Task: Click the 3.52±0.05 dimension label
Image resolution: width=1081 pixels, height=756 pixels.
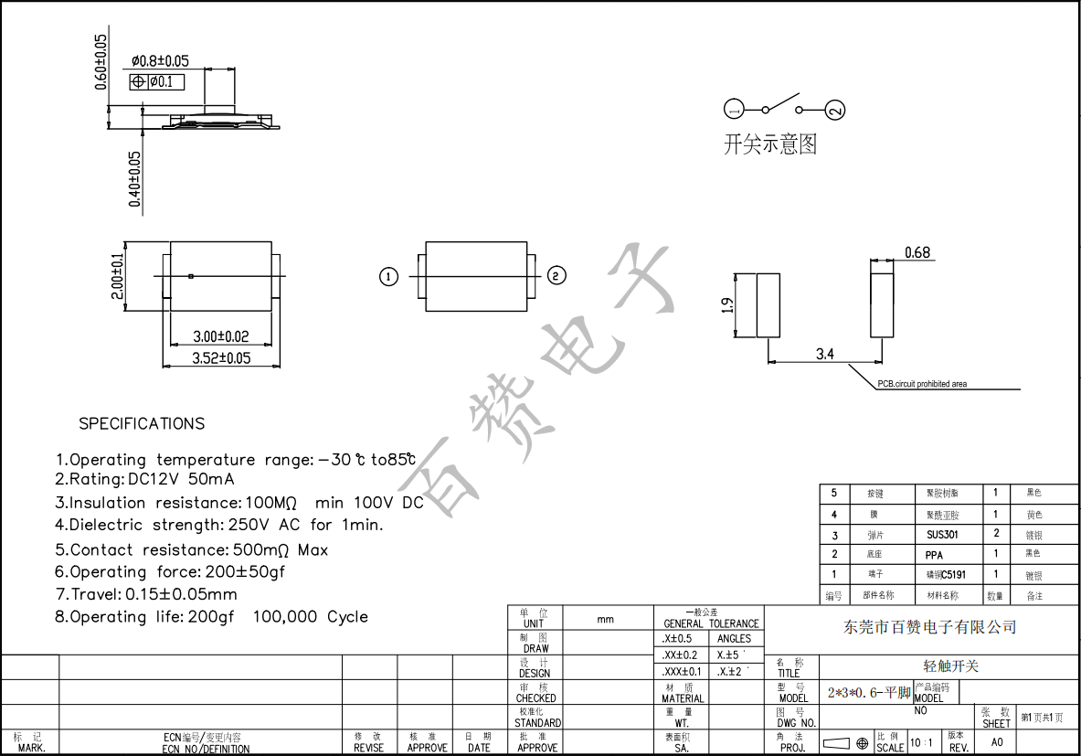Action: coord(221,357)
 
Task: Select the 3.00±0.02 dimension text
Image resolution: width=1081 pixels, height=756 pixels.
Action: coord(221,336)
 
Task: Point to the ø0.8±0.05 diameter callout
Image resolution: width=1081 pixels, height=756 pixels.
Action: coord(160,61)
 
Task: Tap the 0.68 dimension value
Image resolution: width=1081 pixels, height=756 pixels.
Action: coord(917,252)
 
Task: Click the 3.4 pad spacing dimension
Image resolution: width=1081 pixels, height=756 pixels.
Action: coord(824,354)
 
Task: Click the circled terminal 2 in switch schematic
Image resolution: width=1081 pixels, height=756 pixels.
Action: coord(835,111)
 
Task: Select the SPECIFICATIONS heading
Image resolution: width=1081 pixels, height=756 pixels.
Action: coord(142,423)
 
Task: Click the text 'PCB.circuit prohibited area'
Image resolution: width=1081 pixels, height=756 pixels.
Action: coord(921,384)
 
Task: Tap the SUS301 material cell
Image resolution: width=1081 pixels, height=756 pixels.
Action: coord(942,534)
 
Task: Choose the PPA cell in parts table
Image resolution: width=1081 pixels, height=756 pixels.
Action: coord(933,555)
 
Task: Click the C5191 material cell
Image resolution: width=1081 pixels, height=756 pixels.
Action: coord(946,575)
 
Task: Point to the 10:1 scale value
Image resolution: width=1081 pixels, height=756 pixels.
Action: coord(921,743)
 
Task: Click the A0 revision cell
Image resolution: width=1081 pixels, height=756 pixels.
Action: coord(997,743)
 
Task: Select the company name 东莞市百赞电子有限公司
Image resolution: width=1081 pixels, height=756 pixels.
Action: coord(929,627)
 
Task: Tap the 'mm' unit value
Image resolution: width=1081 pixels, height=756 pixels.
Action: coord(605,619)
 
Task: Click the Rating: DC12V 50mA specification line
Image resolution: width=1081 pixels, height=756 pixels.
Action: coord(144,479)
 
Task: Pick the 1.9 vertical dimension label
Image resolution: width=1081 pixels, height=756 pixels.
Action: coord(727,305)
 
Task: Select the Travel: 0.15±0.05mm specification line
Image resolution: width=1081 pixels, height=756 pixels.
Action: coord(146,594)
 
